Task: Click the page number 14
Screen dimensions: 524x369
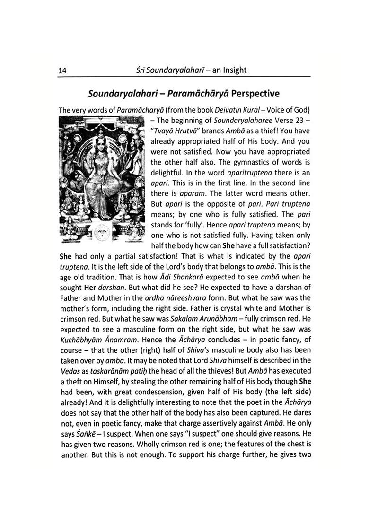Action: [62, 70]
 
